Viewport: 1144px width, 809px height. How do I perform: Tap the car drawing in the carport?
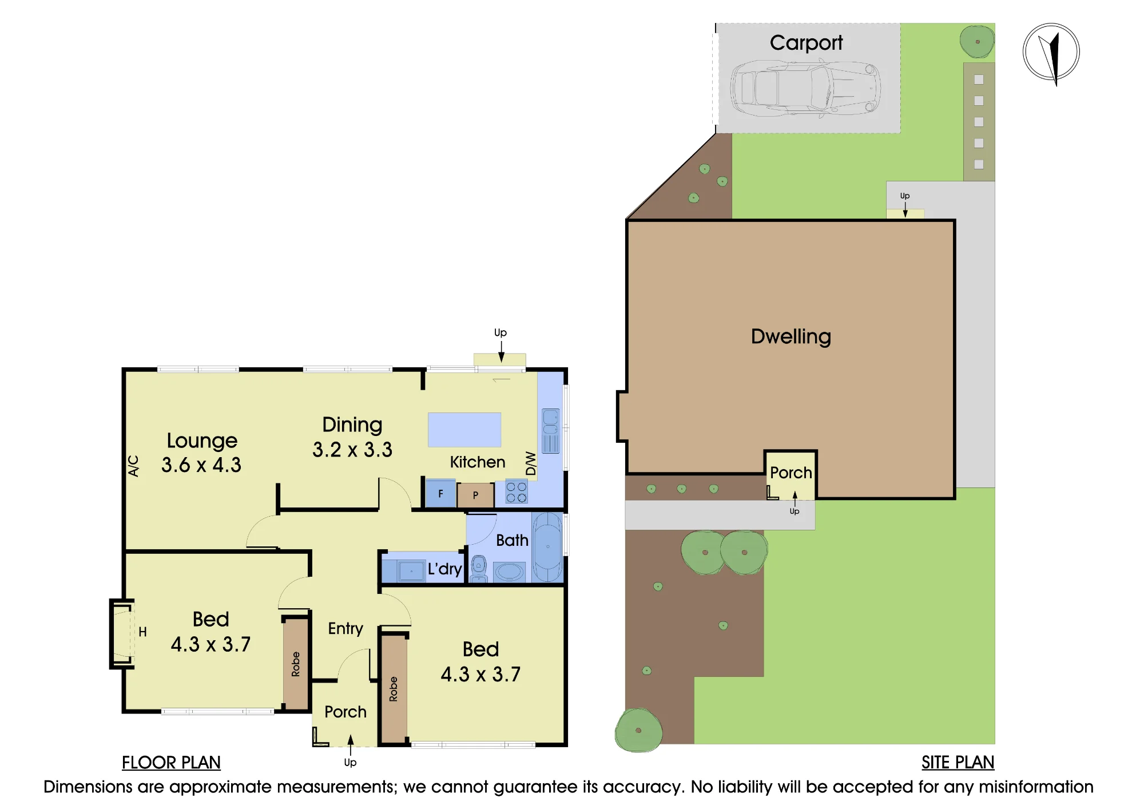[x=805, y=89]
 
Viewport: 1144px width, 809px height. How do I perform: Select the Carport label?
[x=806, y=43]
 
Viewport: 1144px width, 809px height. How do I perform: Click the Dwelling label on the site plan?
[x=791, y=336]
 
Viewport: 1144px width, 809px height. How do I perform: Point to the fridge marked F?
[x=440, y=493]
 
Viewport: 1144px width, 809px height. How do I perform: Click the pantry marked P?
[x=475, y=495]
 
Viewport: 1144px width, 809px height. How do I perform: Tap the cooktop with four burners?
[x=516, y=493]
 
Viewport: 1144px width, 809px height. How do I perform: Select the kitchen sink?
[x=550, y=431]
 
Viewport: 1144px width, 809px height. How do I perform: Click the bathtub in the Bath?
[x=547, y=548]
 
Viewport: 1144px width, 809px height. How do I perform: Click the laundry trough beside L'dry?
[x=411, y=570]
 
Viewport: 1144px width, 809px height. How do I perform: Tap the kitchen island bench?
[x=464, y=430]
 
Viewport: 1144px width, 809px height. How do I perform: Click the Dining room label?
[x=352, y=425]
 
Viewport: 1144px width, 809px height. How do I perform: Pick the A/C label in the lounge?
[x=133, y=466]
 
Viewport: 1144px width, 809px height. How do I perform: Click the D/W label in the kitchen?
[x=531, y=463]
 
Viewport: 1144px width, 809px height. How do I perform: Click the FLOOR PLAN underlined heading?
[x=171, y=763]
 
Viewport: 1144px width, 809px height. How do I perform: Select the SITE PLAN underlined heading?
[x=958, y=763]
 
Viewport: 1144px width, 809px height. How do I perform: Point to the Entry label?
[x=345, y=629]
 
